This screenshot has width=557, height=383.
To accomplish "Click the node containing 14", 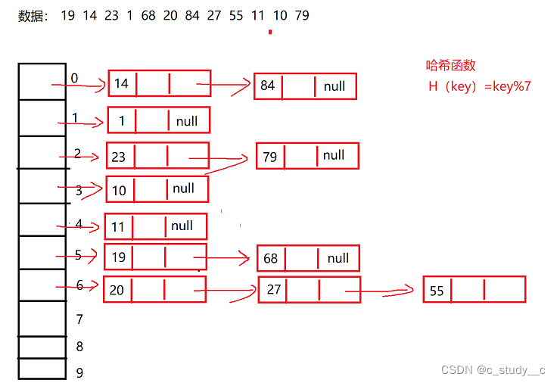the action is [x=159, y=83].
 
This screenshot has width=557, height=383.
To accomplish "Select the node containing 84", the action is [x=305, y=86].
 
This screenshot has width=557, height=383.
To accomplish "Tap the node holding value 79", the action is [x=307, y=156].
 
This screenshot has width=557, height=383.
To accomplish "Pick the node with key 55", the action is [x=474, y=290].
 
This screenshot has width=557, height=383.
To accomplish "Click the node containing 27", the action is [x=310, y=290].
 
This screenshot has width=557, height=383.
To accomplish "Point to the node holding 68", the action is [x=308, y=258].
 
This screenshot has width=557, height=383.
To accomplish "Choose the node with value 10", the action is [x=157, y=189].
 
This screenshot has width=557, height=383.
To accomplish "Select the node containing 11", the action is [x=155, y=226].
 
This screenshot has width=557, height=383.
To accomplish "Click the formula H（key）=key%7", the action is [x=479, y=86].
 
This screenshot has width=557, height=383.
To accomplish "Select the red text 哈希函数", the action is [x=450, y=66].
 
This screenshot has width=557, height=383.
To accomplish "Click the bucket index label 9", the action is [x=79, y=372].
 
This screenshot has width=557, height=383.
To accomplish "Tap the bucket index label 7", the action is [x=79, y=319].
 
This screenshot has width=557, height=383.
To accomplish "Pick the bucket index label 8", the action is [x=79, y=347].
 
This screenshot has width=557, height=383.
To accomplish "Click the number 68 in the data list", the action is [x=148, y=15].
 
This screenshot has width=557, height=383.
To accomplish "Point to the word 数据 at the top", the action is [x=32, y=15].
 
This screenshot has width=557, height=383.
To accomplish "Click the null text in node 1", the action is [x=187, y=121].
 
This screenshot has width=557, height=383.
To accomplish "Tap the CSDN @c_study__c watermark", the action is [x=493, y=370].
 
